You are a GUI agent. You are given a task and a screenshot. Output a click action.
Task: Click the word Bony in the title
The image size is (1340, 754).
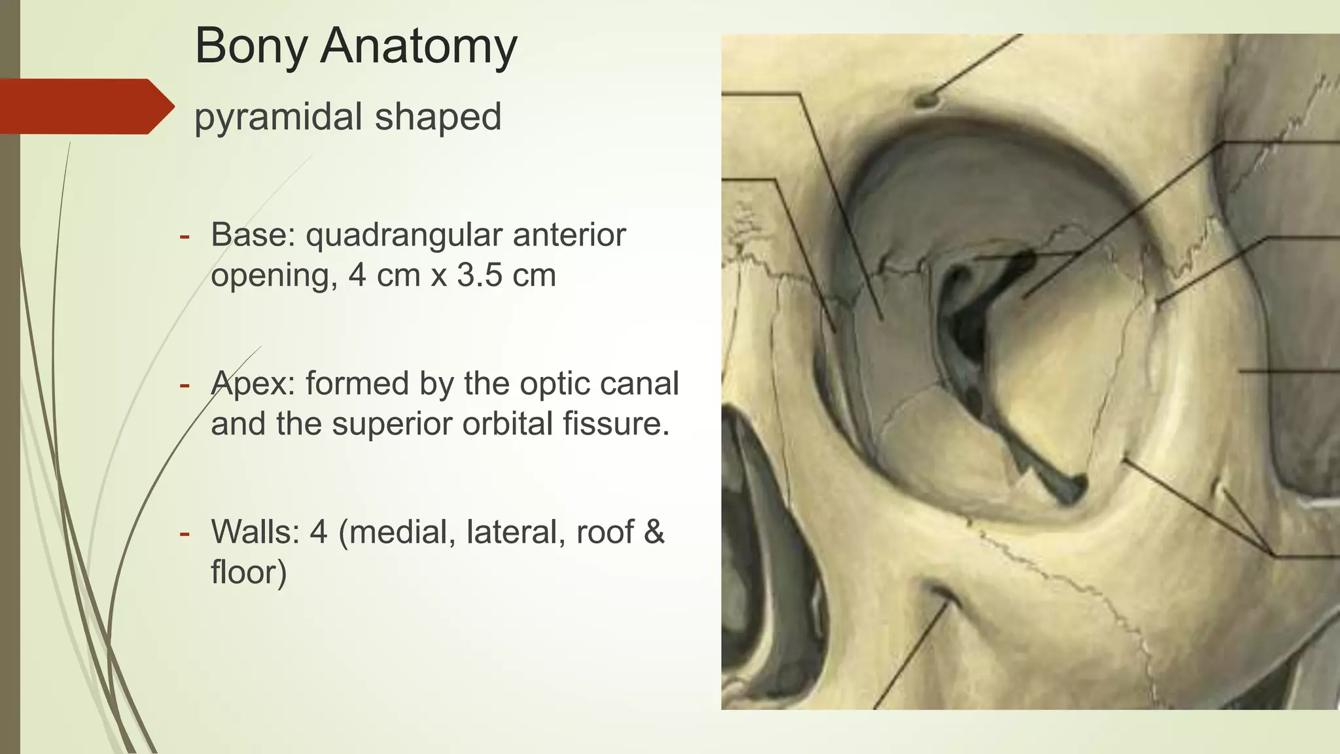[x=251, y=47]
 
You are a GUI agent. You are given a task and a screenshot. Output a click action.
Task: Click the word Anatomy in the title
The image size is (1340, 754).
[x=418, y=47]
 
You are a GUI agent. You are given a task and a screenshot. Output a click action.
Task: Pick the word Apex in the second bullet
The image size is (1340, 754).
[x=252, y=384]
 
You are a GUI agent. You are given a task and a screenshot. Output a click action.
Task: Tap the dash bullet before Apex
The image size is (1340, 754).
[x=185, y=385]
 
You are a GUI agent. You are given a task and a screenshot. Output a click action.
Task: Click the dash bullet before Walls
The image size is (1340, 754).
[x=185, y=533]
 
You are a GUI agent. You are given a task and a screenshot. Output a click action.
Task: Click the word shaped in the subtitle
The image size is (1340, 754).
[x=438, y=117]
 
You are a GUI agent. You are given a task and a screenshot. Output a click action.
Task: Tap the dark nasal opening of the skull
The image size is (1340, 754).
[x=766, y=524]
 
